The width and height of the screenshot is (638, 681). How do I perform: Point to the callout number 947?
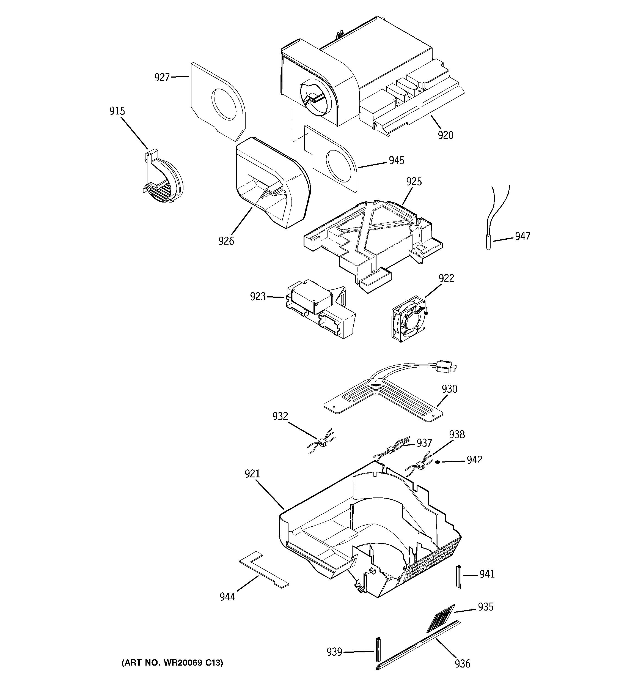[x=522, y=236]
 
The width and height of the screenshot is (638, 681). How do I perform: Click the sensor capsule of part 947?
[x=488, y=242]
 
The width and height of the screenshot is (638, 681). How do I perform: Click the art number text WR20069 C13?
[x=172, y=663]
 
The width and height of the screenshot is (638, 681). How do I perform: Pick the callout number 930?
[x=449, y=389]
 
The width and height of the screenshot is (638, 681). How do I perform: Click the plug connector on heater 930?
[x=446, y=367]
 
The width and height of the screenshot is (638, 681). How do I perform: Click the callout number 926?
[x=226, y=241]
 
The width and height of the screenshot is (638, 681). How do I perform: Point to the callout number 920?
[x=446, y=135]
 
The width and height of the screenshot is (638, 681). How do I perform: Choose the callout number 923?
[x=258, y=296]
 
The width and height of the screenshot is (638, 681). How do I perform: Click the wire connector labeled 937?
[x=390, y=450]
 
